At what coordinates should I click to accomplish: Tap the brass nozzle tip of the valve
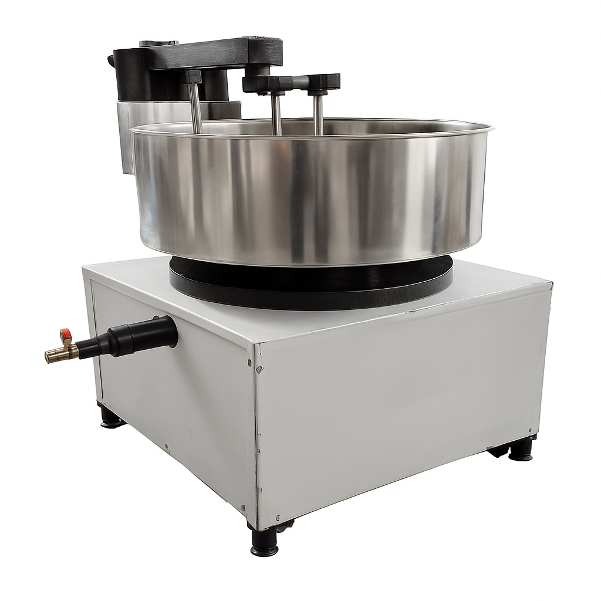coord(50,356)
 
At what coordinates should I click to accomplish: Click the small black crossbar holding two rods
coord(293,82)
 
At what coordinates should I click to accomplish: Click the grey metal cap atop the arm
coord(158,44)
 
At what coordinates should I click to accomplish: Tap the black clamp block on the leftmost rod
coord(193,77)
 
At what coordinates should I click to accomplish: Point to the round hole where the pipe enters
coord(170,330)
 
